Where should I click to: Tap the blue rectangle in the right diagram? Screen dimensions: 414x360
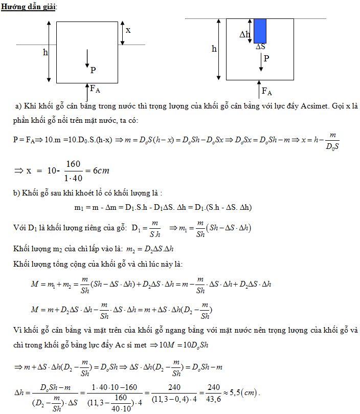260,31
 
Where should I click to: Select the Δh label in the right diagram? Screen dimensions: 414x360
245,35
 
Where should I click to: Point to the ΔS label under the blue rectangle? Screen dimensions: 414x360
261,47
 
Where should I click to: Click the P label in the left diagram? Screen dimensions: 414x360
93,70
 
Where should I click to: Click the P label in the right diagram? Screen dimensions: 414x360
266,58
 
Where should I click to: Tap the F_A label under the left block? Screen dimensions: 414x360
95,89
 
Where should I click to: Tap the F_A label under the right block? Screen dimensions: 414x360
267,92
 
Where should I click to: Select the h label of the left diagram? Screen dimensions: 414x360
45,52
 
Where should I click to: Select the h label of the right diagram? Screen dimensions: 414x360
214,49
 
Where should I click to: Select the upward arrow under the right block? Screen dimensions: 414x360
259,88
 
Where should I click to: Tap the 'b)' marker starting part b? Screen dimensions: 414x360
18,193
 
